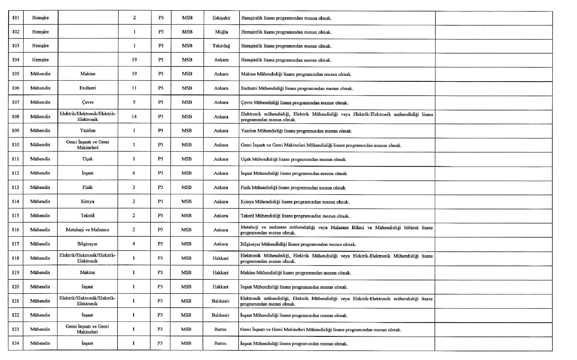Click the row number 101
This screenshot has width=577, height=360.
click(x=16, y=18)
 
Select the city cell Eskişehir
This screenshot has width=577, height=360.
click(x=221, y=18)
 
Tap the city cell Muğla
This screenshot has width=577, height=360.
click(x=221, y=32)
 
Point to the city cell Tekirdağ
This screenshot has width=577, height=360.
click(x=221, y=46)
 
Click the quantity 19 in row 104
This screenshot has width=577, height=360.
click(x=134, y=60)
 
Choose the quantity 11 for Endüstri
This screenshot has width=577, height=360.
click(x=134, y=88)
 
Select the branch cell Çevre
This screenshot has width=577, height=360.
click(x=88, y=102)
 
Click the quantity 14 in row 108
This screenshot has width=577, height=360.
click(x=134, y=116)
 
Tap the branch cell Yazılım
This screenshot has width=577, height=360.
click(x=88, y=131)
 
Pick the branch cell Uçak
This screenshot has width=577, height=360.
click(x=87, y=159)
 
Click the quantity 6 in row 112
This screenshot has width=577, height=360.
click(x=134, y=173)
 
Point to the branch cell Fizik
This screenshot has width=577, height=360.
click(x=87, y=187)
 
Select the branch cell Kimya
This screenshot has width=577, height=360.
click(x=87, y=202)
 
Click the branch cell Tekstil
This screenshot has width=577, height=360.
click(x=87, y=215)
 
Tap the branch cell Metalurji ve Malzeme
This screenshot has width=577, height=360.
click(x=87, y=230)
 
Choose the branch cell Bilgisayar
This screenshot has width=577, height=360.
click(x=87, y=244)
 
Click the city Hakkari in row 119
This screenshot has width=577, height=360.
click(x=221, y=272)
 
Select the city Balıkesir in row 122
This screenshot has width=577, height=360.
click(x=220, y=315)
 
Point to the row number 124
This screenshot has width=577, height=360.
click(x=15, y=343)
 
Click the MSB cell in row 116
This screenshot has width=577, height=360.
click(x=186, y=230)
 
